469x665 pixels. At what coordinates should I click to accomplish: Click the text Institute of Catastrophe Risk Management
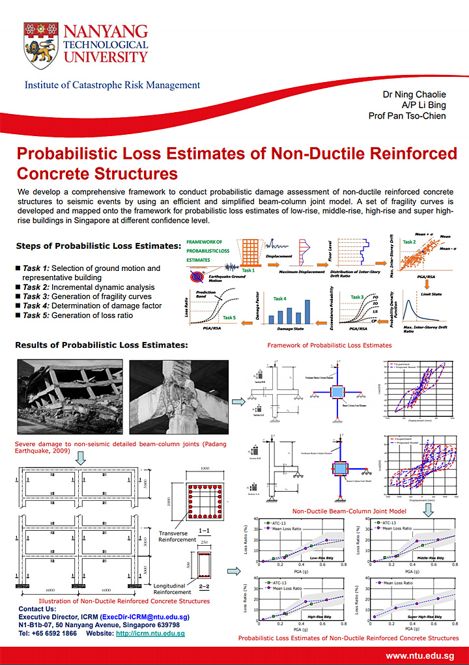pyautogui.click(x=112, y=85)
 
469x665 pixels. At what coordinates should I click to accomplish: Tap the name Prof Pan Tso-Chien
pyautogui.click(x=407, y=116)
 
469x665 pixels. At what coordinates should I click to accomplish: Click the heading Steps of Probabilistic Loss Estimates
pyautogui.click(x=98, y=246)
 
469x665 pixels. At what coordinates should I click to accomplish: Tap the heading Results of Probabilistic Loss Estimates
pyautogui.click(x=102, y=345)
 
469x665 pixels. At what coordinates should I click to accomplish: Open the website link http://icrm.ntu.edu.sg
pyautogui.click(x=150, y=633)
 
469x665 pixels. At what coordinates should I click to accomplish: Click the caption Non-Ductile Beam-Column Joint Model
pyautogui.click(x=349, y=511)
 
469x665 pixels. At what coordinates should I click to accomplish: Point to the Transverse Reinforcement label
pyautogui.click(x=177, y=536)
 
